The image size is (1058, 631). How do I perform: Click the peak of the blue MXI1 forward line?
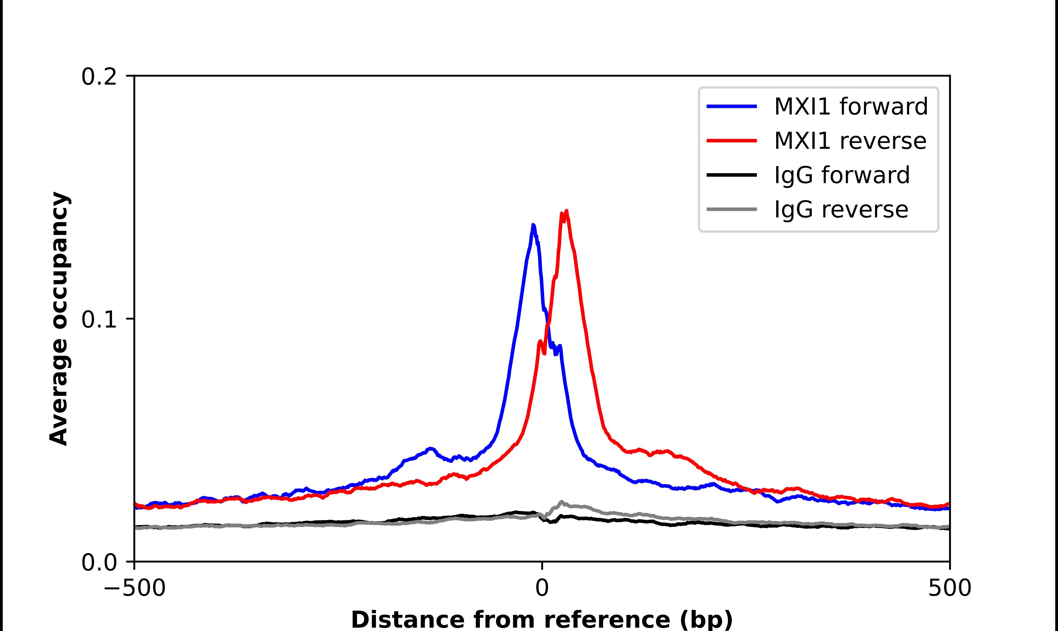click(x=533, y=225)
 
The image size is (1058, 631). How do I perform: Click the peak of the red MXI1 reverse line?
click(x=566, y=211)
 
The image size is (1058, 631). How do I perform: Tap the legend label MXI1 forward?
click(x=851, y=106)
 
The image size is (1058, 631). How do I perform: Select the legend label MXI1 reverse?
click(x=850, y=141)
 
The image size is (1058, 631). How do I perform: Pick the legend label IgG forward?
click(x=841, y=175)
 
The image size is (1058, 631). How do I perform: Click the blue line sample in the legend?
click(x=732, y=106)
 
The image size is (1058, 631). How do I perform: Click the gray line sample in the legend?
click(x=732, y=209)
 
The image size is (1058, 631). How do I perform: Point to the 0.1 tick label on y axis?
click(x=99, y=319)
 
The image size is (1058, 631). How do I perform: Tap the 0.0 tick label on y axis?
click(x=99, y=562)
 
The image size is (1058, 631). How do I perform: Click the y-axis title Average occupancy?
click(x=59, y=319)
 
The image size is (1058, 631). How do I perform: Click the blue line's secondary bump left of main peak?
click(x=431, y=449)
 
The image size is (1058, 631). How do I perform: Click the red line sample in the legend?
click(x=732, y=141)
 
